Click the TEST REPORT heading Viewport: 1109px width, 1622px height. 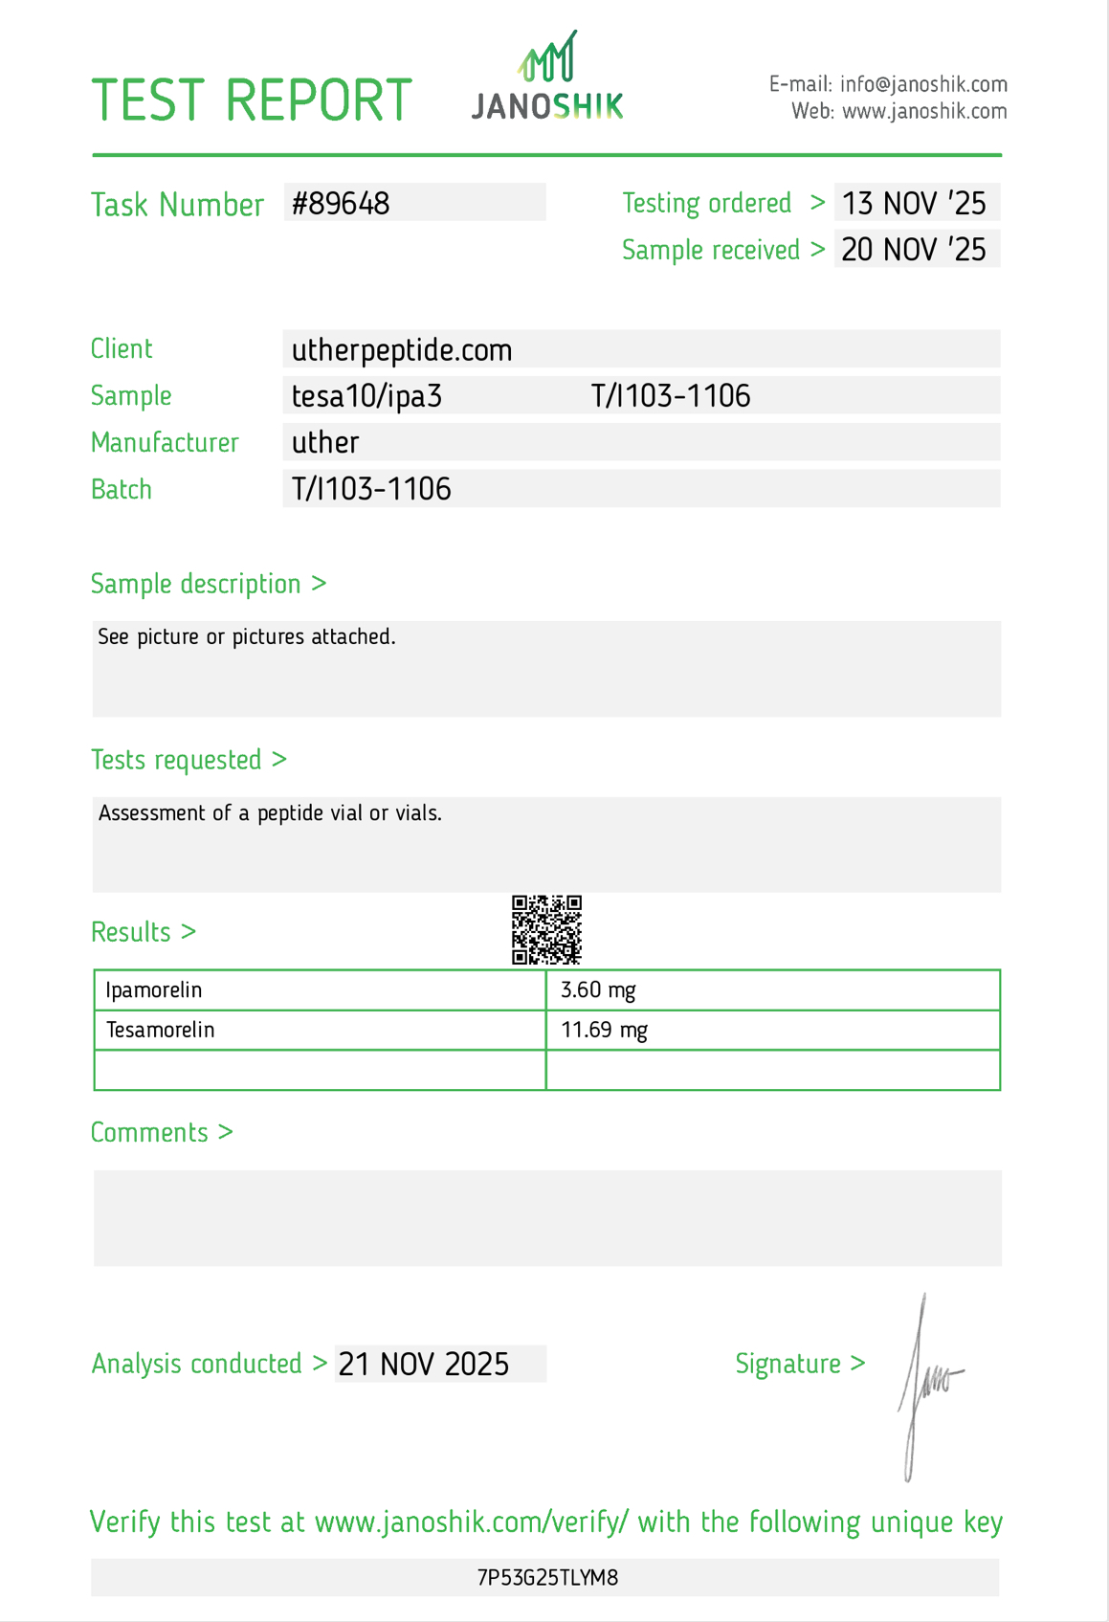click(x=251, y=100)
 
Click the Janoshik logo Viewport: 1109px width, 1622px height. click(x=547, y=78)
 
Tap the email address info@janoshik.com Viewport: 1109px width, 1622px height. click(x=923, y=84)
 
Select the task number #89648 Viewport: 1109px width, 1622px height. click(x=342, y=204)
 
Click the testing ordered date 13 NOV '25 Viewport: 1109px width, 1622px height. click(x=914, y=204)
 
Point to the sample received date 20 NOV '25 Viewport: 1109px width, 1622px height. click(x=914, y=250)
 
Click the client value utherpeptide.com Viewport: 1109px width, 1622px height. click(x=402, y=350)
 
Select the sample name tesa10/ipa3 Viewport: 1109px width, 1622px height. click(x=367, y=396)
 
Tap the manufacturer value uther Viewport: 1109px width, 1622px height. click(x=325, y=442)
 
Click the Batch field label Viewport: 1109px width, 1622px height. click(x=122, y=490)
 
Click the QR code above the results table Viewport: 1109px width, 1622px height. click(x=546, y=929)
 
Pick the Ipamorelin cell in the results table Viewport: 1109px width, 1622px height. click(x=154, y=990)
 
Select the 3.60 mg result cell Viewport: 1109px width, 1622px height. click(x=598, y=990)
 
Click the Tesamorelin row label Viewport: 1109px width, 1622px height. click(x=161, y=1031)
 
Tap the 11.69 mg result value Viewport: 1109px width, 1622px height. click(x=604, y=1031)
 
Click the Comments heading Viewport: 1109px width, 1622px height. click(x=162, y=1133)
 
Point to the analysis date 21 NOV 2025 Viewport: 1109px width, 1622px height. click(x=424, y=1365)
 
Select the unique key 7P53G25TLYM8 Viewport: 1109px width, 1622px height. click(x=547, y=1578)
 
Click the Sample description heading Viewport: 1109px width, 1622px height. click(x=208, y=584)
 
